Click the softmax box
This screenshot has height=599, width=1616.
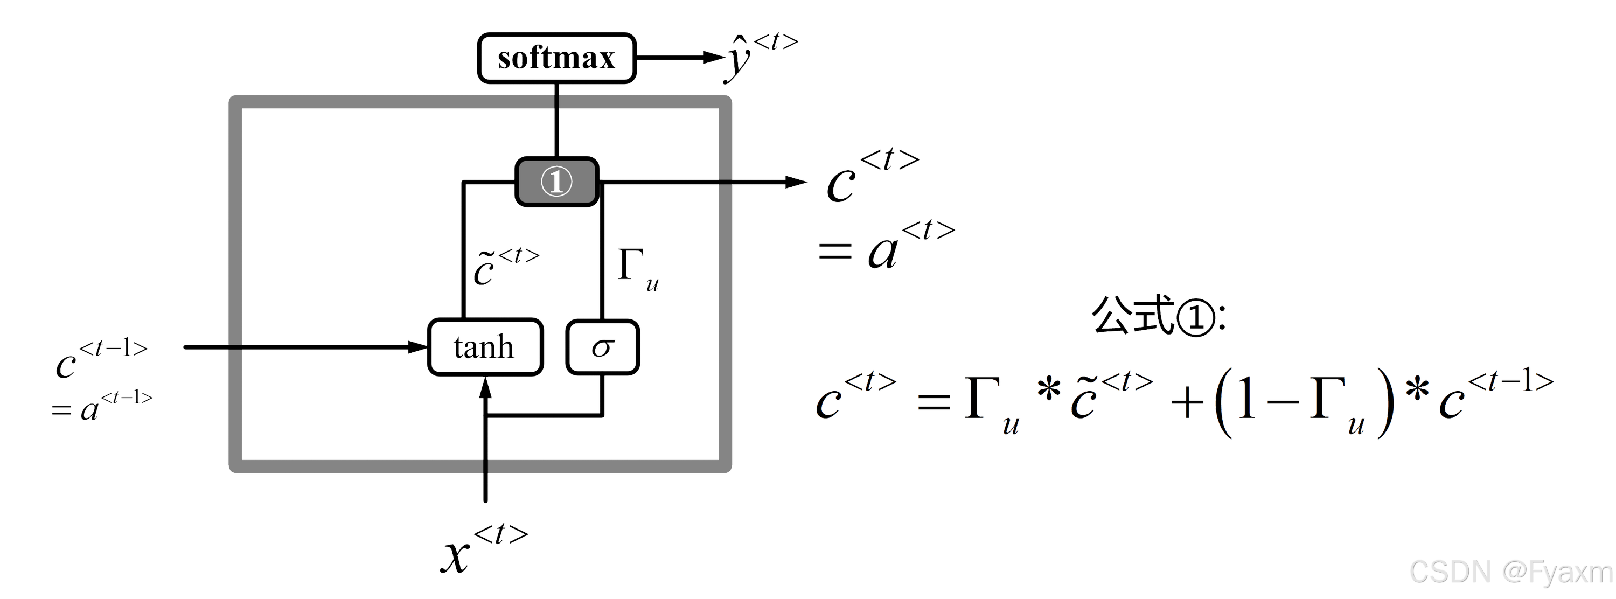(x=556, y=58)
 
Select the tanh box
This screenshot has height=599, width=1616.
(x=485, y=347)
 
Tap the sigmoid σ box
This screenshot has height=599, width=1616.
(x=602, y=347)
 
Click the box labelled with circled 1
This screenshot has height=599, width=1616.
(x=556, y=182)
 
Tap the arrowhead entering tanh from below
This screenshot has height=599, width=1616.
(x=485, y=388)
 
